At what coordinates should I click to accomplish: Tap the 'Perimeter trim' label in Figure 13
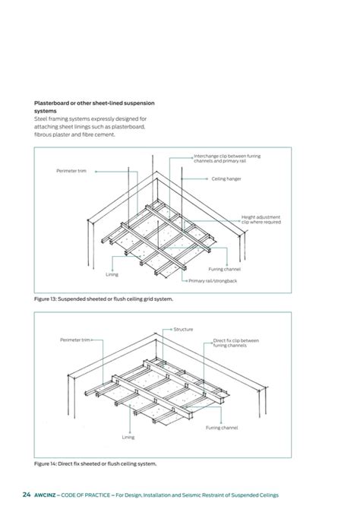pos(71,171)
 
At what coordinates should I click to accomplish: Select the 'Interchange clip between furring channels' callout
pos(227,159)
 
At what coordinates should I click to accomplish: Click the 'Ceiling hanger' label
pos(228,179)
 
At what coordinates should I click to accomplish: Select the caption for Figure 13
pos(103,299)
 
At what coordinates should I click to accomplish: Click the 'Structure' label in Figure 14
pos(183,330)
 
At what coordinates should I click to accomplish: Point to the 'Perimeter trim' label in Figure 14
pos(75,340)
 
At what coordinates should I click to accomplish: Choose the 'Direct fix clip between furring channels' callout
pos(236,343)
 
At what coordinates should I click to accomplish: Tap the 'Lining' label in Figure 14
pos(128,438)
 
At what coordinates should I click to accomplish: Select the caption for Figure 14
pos(95,462)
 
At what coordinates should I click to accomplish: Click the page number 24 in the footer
pos(26,495)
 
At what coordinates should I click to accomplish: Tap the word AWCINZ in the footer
pos(48,495)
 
